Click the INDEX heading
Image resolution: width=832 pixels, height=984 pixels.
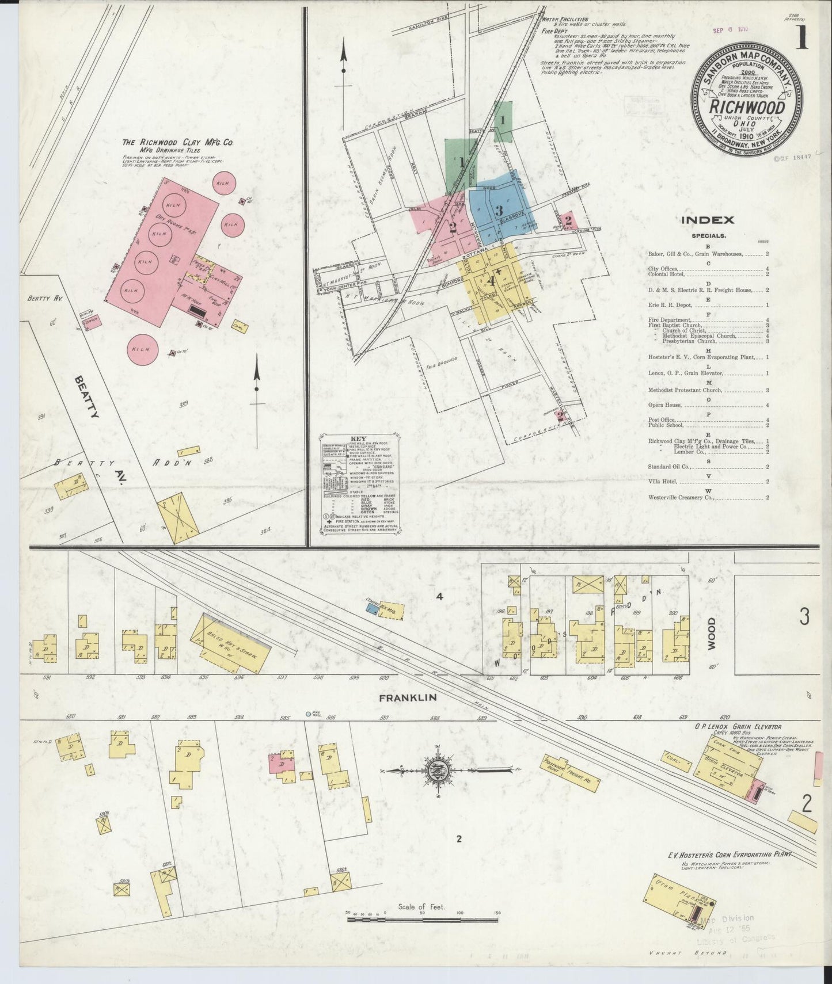pyautogui.click(x=707, y=220)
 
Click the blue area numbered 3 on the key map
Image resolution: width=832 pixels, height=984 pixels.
pyautogui.click(x=499, y=210)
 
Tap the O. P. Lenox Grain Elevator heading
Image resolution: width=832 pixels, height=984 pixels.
pyautogui.click(x=737, y=727)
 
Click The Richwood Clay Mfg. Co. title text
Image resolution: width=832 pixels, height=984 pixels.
pyautogui.click(x=177, y=142)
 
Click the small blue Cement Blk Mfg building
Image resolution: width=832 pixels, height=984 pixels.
pyautogui.click(x=373, y=607)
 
